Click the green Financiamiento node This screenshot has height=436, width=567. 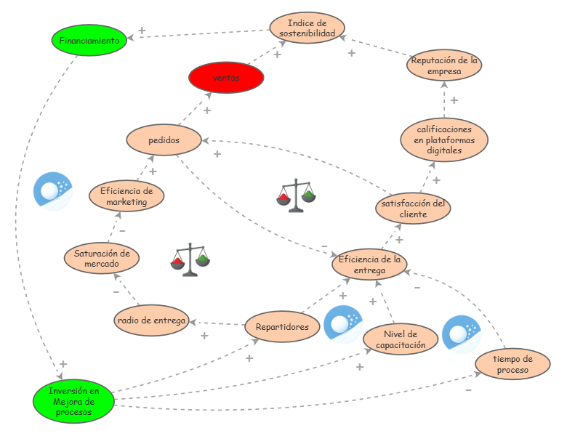(89, 40)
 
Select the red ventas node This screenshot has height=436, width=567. (226, 77)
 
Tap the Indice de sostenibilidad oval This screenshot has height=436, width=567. (307, 28)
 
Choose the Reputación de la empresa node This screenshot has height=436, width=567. (444, 65)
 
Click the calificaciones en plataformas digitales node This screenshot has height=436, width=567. (444, 140)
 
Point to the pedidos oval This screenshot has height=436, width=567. (164, 140)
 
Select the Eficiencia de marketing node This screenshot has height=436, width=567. (126, 196)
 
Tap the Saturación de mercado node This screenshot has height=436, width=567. (102, 258)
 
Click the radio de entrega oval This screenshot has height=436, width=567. (151, 320)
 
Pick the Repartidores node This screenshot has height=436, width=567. (283, 326)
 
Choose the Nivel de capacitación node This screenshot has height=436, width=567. (401, 339)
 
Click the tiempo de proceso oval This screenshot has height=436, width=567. (512, 364)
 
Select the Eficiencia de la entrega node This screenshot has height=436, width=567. (369, 265)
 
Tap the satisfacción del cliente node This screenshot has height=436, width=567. (414, 209)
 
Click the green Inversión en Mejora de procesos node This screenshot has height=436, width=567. (73, 401)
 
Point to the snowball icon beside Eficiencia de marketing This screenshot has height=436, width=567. (53, 191)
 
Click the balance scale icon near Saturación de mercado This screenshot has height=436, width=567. (190, 259)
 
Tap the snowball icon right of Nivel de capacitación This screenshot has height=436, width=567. (462, 334)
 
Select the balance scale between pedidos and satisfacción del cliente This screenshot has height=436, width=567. (296, 195)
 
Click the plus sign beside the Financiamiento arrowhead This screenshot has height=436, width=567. (142, 31)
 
